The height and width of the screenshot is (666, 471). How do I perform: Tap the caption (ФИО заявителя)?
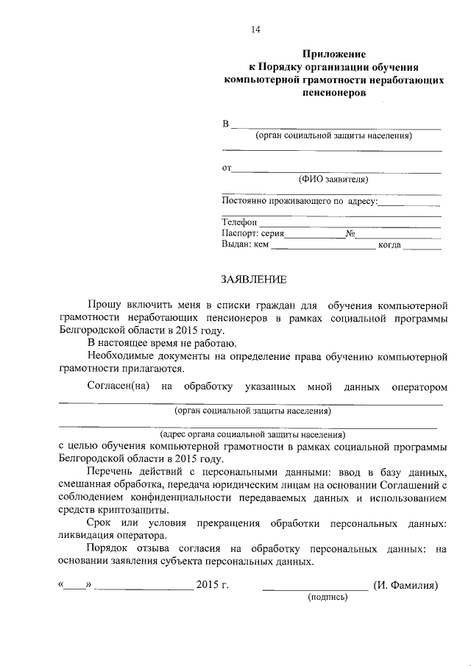tap(333, 179)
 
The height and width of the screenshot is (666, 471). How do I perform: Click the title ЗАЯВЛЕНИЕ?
tap(250, 280)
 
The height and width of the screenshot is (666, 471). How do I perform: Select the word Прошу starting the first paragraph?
tap(103, 305)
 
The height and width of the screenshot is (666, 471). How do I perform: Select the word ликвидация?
tap(85, 536)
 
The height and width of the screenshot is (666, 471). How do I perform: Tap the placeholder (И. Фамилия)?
tap(406, 586)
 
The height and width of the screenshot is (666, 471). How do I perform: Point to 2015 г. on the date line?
tap(213, 586)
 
